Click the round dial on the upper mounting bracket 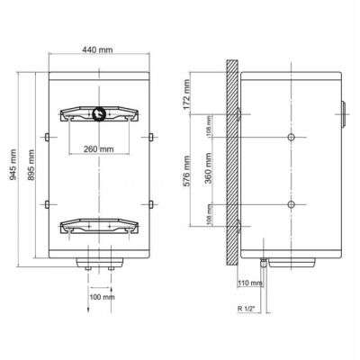pos(97,113)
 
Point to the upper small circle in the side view pos(291,137)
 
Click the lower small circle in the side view pos(291,203)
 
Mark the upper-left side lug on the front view pos(44,137)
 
